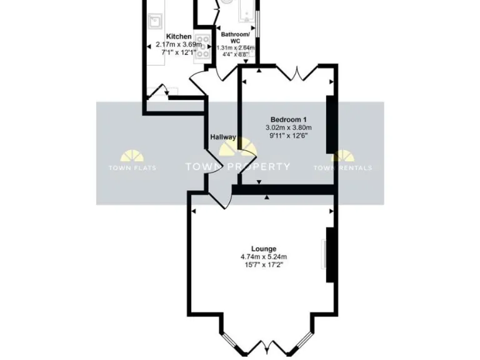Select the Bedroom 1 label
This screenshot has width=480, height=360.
pyautogui.click(x=287, y=119)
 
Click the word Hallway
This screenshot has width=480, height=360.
pyautogui.click(x=222, y=137)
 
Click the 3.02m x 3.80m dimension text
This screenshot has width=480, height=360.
pyautogui.click(x=287, y=127)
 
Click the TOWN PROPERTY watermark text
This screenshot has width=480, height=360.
pyautogui.click(x=237, y=167)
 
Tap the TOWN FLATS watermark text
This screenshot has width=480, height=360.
pyautogui.click(x=132, y=167)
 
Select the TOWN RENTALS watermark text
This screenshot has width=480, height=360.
pyautogui.click(x=342, y=167)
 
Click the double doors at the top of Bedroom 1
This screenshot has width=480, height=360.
pyautogui.click(x=294, y=72)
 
